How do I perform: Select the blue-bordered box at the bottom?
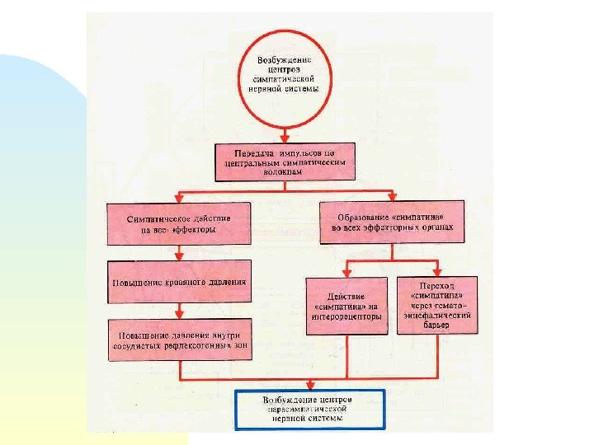pyautogui.click(x=309, y=409)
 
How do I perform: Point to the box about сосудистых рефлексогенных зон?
pyautogui.click(x=179, y=340)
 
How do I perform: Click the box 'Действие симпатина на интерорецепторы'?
pyautogui.click(x=346, y=305)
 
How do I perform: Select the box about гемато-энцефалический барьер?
pyautogui.click(x=436, y=304)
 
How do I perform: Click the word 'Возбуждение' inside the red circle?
pyautogui.click(x=285, y=60)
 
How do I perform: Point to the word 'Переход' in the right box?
pyautogui.click(x=436, y=283)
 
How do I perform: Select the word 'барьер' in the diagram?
pyautogui.click(x=436, y=326)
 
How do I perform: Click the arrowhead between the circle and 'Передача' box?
pyautogui.click(x=285, y=137)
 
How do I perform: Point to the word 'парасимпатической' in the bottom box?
pyautogui.click(x=309, y=409)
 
